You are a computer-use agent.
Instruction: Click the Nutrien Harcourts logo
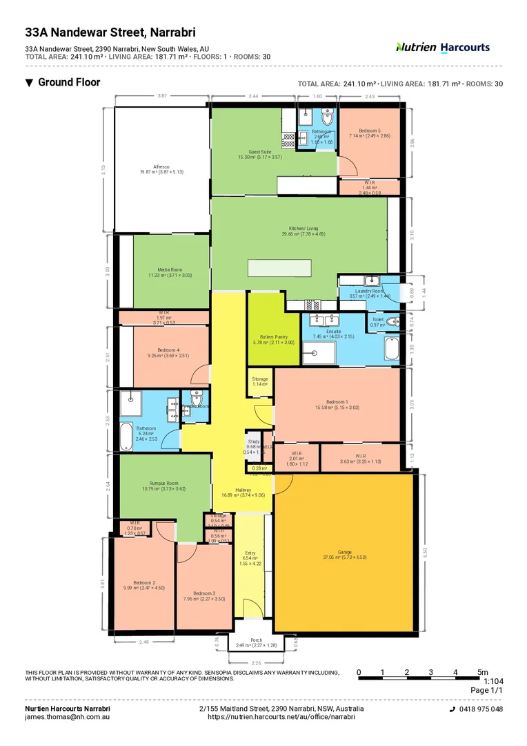pos(442,48)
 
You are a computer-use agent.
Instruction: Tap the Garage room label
pos(344,552)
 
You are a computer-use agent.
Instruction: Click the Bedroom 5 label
pos(369,131)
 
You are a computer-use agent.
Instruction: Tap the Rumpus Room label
pos(164,484)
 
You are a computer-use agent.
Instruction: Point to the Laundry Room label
pos(369,291)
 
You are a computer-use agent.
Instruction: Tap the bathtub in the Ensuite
pos(392,349)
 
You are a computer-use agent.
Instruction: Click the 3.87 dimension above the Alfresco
pos(162,96)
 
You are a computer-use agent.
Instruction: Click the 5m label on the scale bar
pos(483,672)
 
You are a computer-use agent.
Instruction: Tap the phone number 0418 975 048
pos(480,709)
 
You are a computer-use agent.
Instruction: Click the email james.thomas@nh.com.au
pos(68,717)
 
